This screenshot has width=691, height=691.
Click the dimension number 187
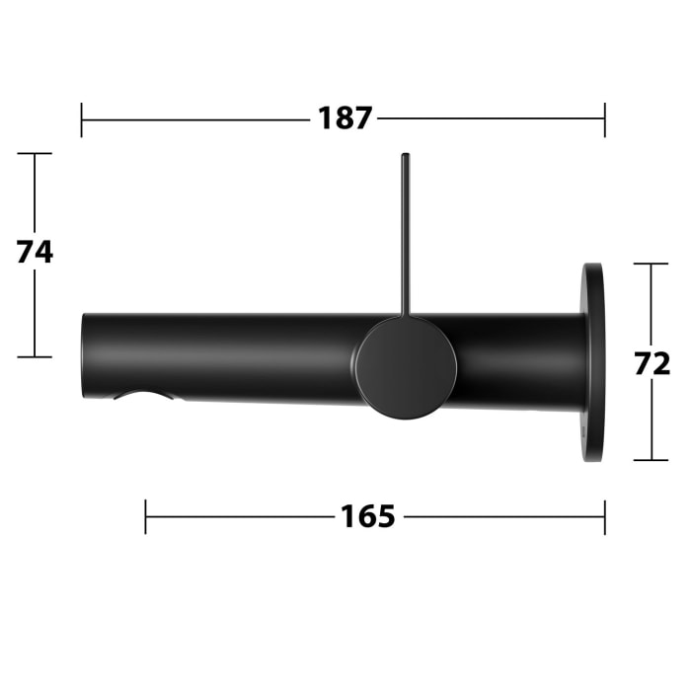point(345,118)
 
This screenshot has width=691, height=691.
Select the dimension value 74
point(35,253)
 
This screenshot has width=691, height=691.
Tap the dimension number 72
point(652,362)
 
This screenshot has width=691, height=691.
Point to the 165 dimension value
point(368,516)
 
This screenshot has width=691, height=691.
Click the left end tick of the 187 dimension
point(82,119)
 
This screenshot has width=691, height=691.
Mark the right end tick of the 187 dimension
point(604,119)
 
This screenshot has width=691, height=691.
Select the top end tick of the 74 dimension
point(35,154)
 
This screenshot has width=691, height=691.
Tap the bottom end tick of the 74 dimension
point(35,356)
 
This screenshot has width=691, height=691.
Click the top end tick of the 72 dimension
point(651,264)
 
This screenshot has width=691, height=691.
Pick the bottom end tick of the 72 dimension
point(651,460)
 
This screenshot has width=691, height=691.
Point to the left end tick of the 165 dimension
point(146,516)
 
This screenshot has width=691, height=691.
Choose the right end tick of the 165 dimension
point(604,516)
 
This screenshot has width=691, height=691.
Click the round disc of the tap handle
point(406,367)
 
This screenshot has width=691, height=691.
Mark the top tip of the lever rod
point(404,156)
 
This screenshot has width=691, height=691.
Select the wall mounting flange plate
point(593,362)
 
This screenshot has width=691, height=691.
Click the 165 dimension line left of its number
point(237,516)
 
